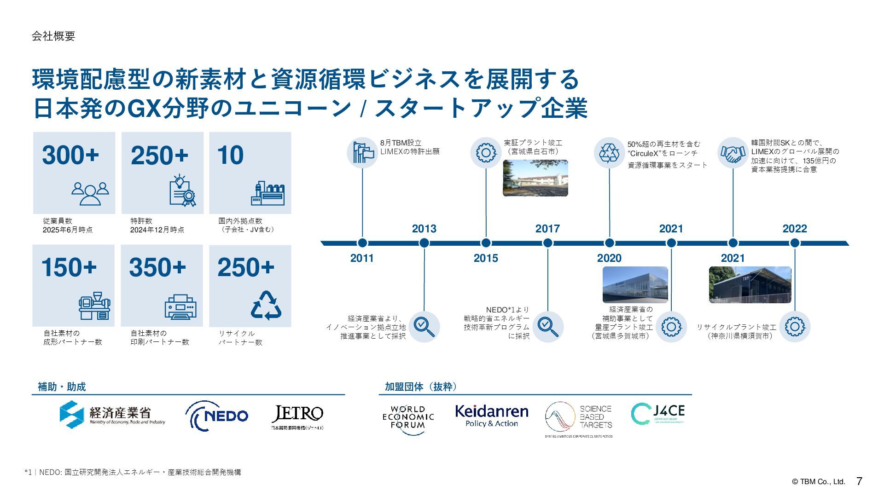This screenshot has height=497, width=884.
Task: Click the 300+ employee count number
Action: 70,155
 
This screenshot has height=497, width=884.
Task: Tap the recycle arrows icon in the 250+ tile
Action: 266,305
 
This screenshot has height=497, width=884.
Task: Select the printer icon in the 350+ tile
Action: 180,307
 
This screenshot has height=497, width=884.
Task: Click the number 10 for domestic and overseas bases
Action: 230,155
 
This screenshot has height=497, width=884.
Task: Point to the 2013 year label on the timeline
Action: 424,229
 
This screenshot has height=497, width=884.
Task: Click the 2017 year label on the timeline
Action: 547,229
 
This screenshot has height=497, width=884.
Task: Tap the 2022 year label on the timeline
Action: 795,229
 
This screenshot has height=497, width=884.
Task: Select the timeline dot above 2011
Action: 362,243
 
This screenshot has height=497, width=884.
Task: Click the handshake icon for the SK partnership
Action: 733,153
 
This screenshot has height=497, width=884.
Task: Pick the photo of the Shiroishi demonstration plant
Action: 535,178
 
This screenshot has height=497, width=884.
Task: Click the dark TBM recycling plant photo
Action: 750,285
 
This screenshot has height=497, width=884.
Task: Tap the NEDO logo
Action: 216,416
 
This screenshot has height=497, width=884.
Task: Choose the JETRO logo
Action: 297,416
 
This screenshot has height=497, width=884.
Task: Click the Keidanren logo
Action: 491,416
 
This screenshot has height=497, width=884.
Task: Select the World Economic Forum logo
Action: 408,417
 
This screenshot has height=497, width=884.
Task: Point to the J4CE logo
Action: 657,414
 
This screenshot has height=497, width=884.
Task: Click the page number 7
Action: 859,481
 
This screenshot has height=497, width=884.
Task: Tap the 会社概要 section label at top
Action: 53,36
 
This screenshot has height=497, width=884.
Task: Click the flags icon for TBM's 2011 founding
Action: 362,153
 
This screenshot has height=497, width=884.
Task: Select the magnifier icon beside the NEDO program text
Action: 548,327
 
